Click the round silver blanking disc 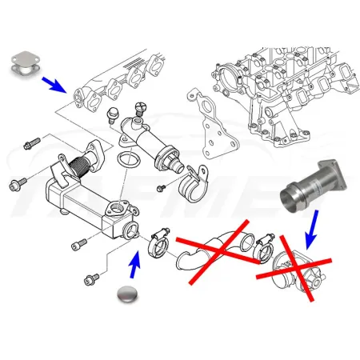click(x=131, y=294)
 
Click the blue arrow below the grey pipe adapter click(x=310, y=233)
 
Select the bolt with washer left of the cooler click(x=17, y=186)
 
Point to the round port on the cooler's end click(x=130, y=232)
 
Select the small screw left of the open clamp click(x=160, y=187)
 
